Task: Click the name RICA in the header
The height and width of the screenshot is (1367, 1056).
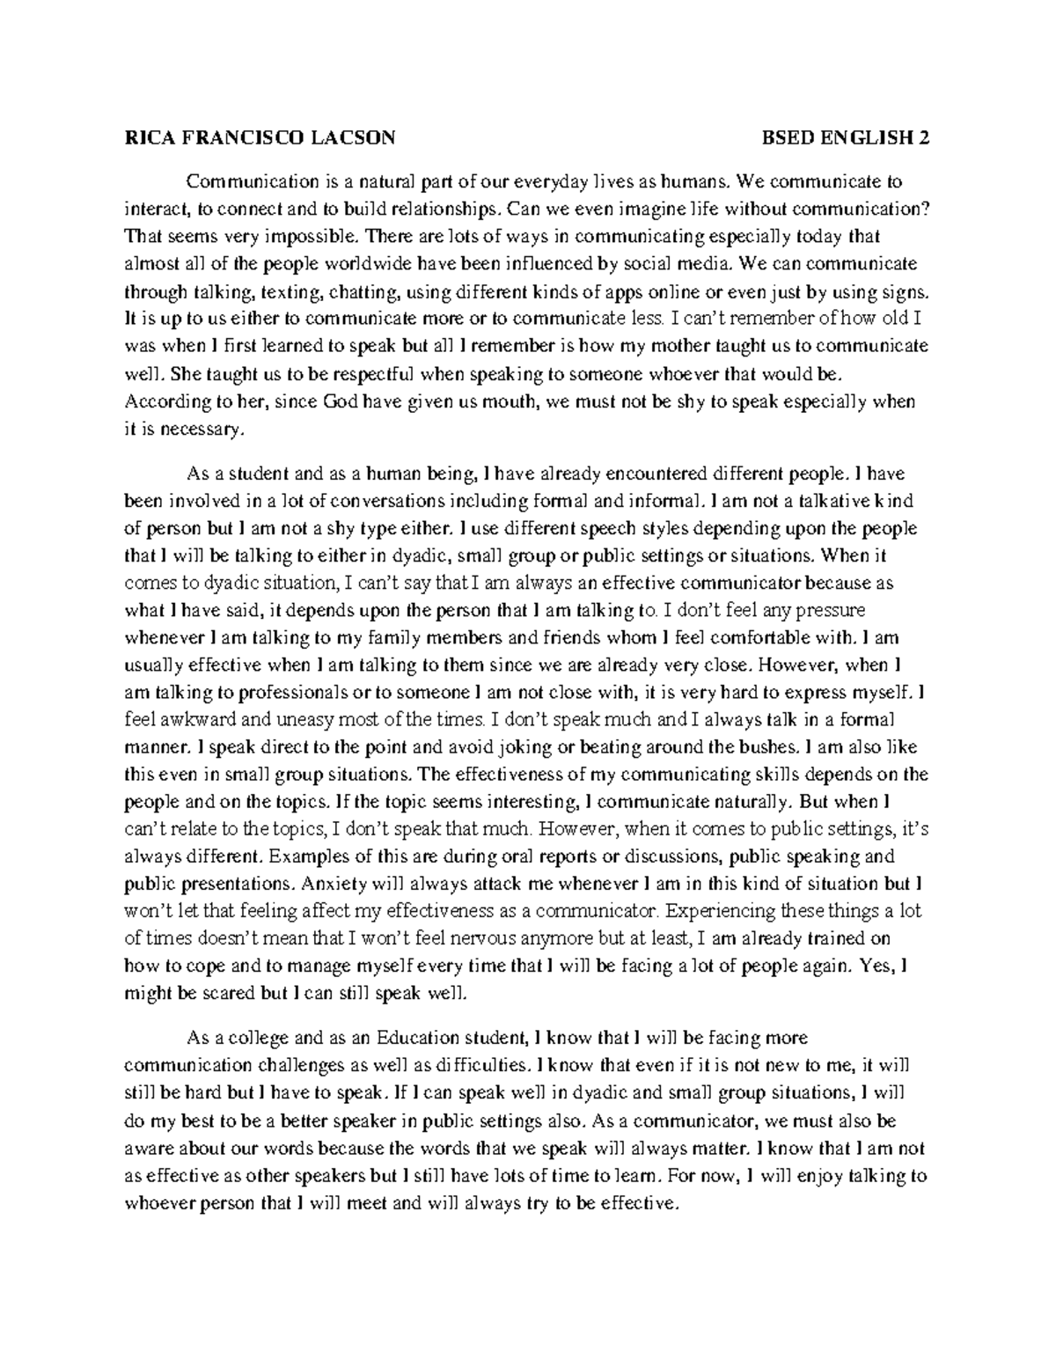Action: pos(148,137)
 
